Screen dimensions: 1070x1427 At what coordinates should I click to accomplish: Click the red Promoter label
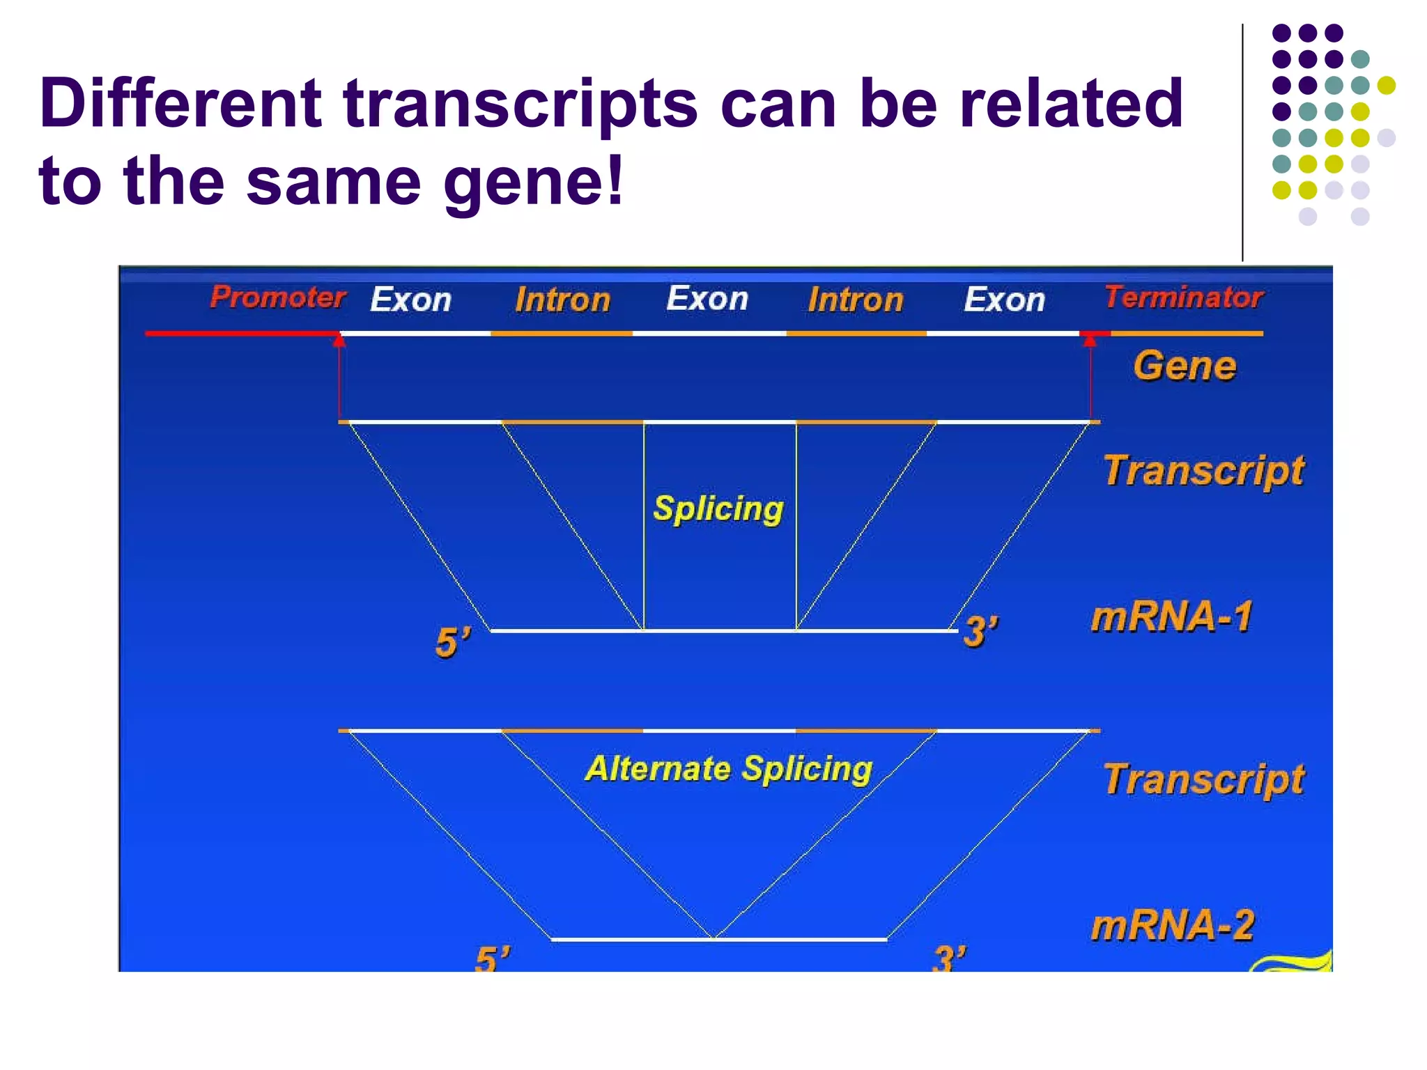coord(277,297)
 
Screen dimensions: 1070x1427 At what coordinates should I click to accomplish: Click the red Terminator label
coord(1183,297)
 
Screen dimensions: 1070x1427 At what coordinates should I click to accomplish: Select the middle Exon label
coord(707,299)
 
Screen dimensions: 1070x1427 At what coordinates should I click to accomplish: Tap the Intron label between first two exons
coord(562,300)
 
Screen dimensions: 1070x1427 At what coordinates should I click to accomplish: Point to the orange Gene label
coord(1184,366)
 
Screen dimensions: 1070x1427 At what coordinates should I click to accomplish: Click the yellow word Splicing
coord(718,509)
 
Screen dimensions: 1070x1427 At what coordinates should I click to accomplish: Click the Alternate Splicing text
coord(728,769)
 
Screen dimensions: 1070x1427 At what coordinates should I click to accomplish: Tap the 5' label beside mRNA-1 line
coord(453,642)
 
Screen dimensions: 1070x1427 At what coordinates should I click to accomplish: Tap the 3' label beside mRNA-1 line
coord(980,632)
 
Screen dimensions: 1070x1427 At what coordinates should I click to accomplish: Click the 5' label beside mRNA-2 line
coord(492,959)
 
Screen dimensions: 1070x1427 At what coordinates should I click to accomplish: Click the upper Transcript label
coord(1203,471)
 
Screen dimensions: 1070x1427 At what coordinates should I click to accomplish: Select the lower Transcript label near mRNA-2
coord(1203,780)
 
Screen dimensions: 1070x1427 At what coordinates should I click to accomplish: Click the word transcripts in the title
coord(520,104)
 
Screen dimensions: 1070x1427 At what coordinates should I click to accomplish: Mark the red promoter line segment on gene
coord(240,334)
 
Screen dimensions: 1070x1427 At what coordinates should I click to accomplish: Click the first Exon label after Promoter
coord(410,300)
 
